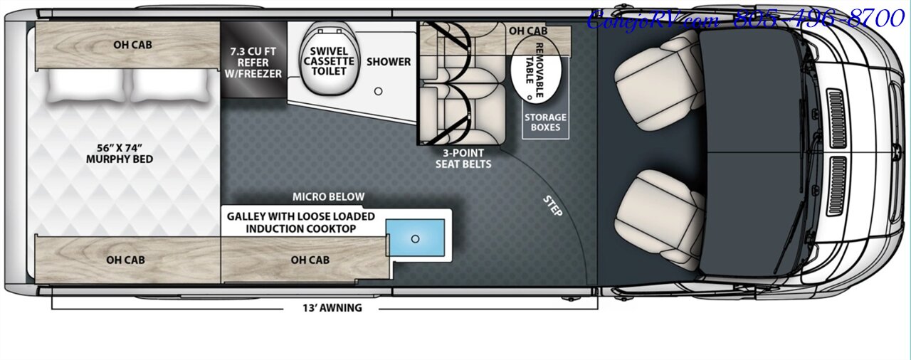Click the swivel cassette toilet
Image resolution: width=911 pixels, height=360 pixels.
tap(328, 60)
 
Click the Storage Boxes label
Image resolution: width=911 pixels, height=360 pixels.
tap(546, 122)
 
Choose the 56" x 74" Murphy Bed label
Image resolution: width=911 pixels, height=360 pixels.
tap(120, 154)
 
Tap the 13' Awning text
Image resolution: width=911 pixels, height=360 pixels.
tap(332, 308)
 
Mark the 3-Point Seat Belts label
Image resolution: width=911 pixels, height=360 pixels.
tap(463, 159)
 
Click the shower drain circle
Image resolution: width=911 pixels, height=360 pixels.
tap(379, 91)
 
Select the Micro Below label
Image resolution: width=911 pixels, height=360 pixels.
tap(328, 197)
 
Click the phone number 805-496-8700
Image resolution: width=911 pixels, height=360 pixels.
tap(818, 19)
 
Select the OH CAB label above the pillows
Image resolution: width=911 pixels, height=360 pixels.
tap(132, 45)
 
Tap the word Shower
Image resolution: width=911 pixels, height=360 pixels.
tap(389, 62)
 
